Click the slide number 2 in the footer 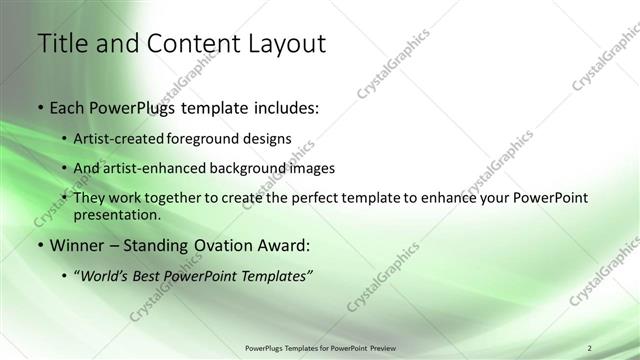coord(589,347)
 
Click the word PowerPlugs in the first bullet coord(136,107)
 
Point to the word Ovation coord(238,245)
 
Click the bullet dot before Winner coord(39,246)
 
